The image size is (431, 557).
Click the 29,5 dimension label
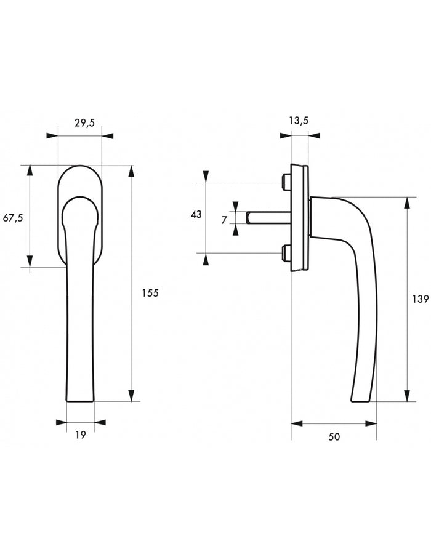pyautogui.click(x=84, y=123)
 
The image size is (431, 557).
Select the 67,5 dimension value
pyautogui.click(x=13, y=218)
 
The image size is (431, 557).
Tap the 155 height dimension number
pyautogui.click(x=150, y=293)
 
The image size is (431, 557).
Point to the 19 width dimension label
pyautogui.click(x=81, y=435)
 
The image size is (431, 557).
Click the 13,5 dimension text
pyautogui.click(x=299, y=121)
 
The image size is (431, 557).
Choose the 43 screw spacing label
pyautogui.click(x=196, y=215)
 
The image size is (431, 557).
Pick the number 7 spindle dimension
pyautogui.click(x=224, y=220)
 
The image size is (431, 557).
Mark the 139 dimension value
pyautogui.click(x=421, y=299)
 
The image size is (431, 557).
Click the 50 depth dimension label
pyautogui.click(x=334, y=436)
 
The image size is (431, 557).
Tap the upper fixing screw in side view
pyautogui.click(x=286, y=181)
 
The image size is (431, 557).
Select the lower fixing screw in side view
pyautogui.click(x=286, y=252)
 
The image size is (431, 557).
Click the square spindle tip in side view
pyautogui.click(x=248, y=217)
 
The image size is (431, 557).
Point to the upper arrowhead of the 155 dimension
pyautogui.click(x=132, y=171)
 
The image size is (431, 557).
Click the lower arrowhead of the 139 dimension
pyautogui.click(x=406, y=395)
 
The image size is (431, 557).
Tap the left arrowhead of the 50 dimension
pyautogui.click(x=297, y=423)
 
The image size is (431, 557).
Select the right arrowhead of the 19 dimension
pyautogui.click(x=100, y=422)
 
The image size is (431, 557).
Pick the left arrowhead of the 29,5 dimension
pyautogui.click(x=52, y=135)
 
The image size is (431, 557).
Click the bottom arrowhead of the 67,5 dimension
pyautogui.click(x=30, y=262)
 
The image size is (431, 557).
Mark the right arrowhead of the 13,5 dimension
pyautogui.click(x=314, y=135)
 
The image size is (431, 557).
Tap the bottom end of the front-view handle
pyautogui.click(x=80, y=401)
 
